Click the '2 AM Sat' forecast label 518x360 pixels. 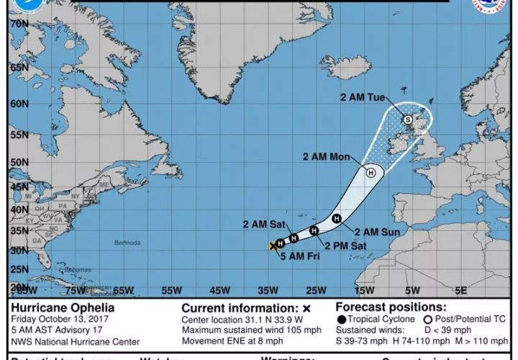click(x=265, y=224)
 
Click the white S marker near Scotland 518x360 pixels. click(x=408, y=120)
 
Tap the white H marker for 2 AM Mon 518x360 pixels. click(x=371, y=172)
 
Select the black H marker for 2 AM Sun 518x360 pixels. click(x=336, y=218)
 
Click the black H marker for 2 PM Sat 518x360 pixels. click(x=314, y=230)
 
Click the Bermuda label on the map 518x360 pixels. click(x=127, y=243)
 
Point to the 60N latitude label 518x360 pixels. click(x=19, y=104)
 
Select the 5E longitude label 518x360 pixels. click(x=460, y=291)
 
